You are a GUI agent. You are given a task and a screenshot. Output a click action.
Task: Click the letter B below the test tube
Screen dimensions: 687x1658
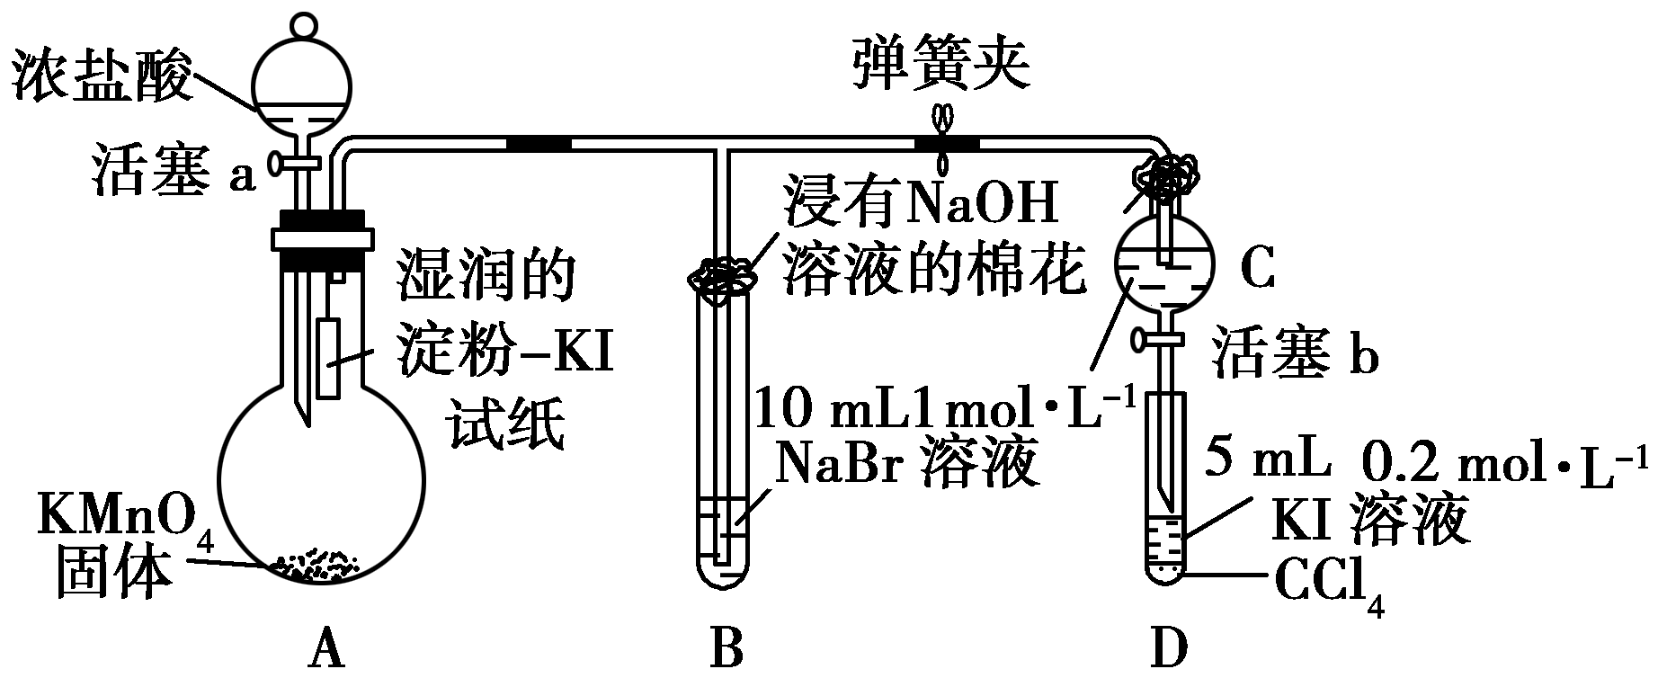726,648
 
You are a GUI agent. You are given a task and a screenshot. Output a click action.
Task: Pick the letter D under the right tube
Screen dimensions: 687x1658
1168,648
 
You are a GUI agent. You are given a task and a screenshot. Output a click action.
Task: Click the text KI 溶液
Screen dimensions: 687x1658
1370,519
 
